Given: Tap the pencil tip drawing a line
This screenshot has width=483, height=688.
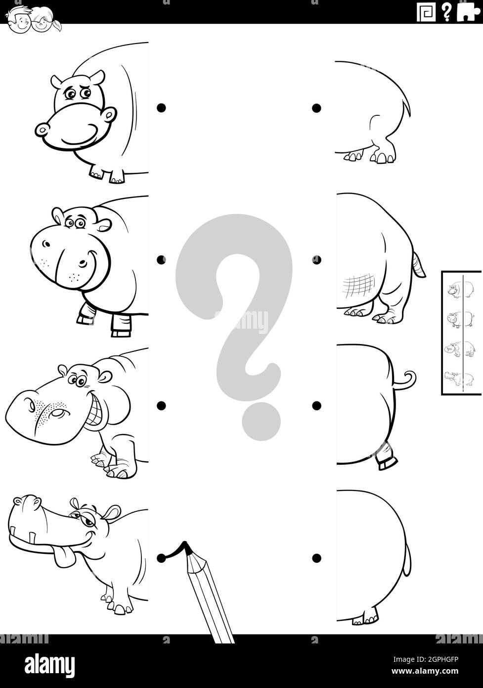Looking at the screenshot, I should pos(186,544).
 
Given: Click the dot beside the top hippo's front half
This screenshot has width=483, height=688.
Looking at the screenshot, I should pos(161,108).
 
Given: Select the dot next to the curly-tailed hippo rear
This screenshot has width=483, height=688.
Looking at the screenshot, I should pos(316,405).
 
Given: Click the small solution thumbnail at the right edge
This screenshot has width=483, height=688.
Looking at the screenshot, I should pos(462,333).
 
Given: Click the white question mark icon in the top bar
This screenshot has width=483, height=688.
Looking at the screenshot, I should pos(446,12).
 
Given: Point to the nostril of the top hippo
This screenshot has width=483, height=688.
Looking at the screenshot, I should pos(43,130).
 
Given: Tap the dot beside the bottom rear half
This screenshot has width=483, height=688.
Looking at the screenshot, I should pos(316,558).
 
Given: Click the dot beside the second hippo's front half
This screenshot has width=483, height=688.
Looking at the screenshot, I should pos(161,259).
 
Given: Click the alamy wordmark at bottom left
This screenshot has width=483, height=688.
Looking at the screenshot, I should pos(43,663).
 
